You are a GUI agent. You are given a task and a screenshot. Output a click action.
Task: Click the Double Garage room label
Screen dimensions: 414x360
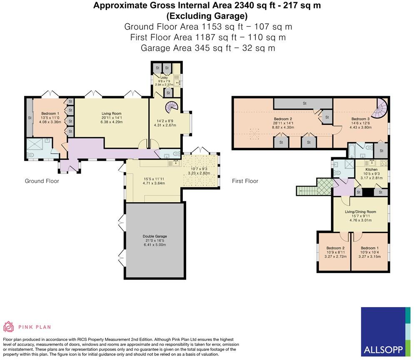pyautogui.click(x=155, y=236)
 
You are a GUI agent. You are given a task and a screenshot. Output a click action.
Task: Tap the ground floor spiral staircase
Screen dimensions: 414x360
pyautogui.click(x=172, y=107)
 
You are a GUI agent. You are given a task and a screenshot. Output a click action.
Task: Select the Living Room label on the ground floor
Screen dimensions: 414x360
pyautogui.click(x=112, y=113)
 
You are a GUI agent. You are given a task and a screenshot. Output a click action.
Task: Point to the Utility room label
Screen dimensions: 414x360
pyautogui.click(x=164, y=78)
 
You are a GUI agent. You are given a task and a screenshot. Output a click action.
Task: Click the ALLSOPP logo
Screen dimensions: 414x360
pyautogui.click(x=386, y=332)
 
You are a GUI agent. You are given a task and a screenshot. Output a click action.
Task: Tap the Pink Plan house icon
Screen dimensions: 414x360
pyautogui.click(x=8, y=327)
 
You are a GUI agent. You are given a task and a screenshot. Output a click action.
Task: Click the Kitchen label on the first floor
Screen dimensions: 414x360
pyautogui.click(x=372, y=169)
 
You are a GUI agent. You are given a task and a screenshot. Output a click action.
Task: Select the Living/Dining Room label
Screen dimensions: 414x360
pyautogui.click(x=360, y=211)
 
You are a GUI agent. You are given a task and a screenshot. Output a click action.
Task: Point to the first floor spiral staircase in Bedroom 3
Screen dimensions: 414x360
pyautogui.click(x=380, y=108)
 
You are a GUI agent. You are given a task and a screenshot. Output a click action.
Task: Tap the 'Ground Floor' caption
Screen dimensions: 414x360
pyautogui.click(x=42, y=181)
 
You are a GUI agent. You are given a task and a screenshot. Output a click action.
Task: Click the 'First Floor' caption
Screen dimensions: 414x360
pyautogui.click(x=245, y=181)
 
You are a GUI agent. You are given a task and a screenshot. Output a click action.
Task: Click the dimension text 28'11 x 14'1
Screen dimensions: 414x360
pyautogui.click(x=283, y=123)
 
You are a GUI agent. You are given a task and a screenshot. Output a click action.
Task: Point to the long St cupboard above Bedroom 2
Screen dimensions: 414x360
pyautogui.click(x=303, y=103)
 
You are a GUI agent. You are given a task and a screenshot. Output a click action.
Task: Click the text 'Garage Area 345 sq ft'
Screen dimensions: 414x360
pyautogui.click(x=186, y=48)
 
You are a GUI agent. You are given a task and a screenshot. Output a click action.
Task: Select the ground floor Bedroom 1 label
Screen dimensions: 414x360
pyautogui.click(x=50, y=113)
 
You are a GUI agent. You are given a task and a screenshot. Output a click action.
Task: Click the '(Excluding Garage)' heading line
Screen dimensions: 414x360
pyautogui.click(x=207, y=16)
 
